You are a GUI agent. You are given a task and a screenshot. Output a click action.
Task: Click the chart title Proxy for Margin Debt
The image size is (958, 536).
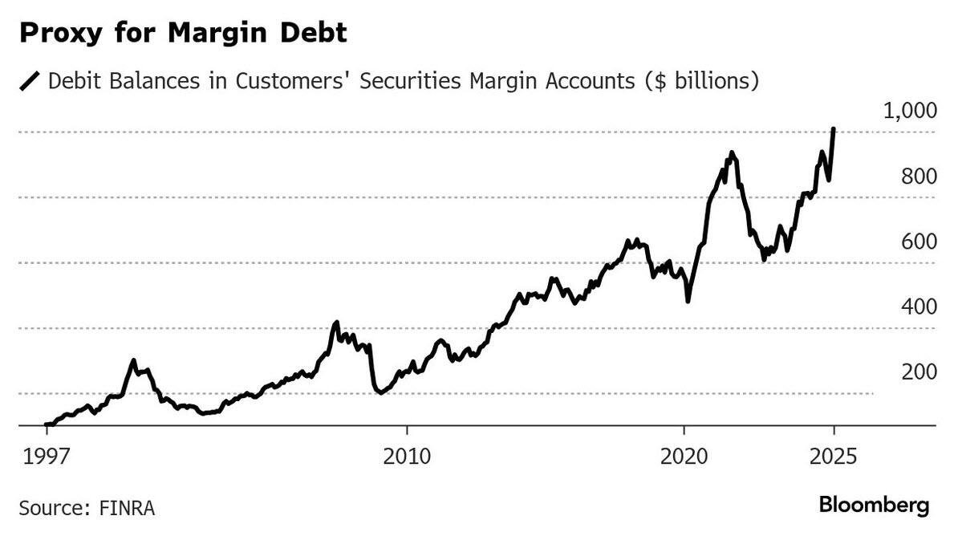(183, 34)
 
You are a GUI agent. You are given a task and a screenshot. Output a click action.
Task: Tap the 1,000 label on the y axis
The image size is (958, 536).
(909, 111)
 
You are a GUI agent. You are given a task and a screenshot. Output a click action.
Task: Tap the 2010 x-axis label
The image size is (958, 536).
(407, 458)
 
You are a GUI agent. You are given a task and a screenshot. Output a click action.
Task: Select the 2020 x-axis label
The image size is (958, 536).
(684, 458)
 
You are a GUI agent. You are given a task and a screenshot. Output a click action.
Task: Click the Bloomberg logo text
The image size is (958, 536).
(874, 506)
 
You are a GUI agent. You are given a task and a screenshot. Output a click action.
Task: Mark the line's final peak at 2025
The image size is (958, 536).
(834, 129)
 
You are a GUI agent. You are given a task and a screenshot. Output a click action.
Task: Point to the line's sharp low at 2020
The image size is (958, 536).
(688, 301)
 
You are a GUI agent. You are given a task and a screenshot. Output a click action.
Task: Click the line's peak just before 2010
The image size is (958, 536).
(336, 322)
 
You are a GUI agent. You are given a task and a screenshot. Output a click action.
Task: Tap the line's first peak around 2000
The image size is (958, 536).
(133, 360)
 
